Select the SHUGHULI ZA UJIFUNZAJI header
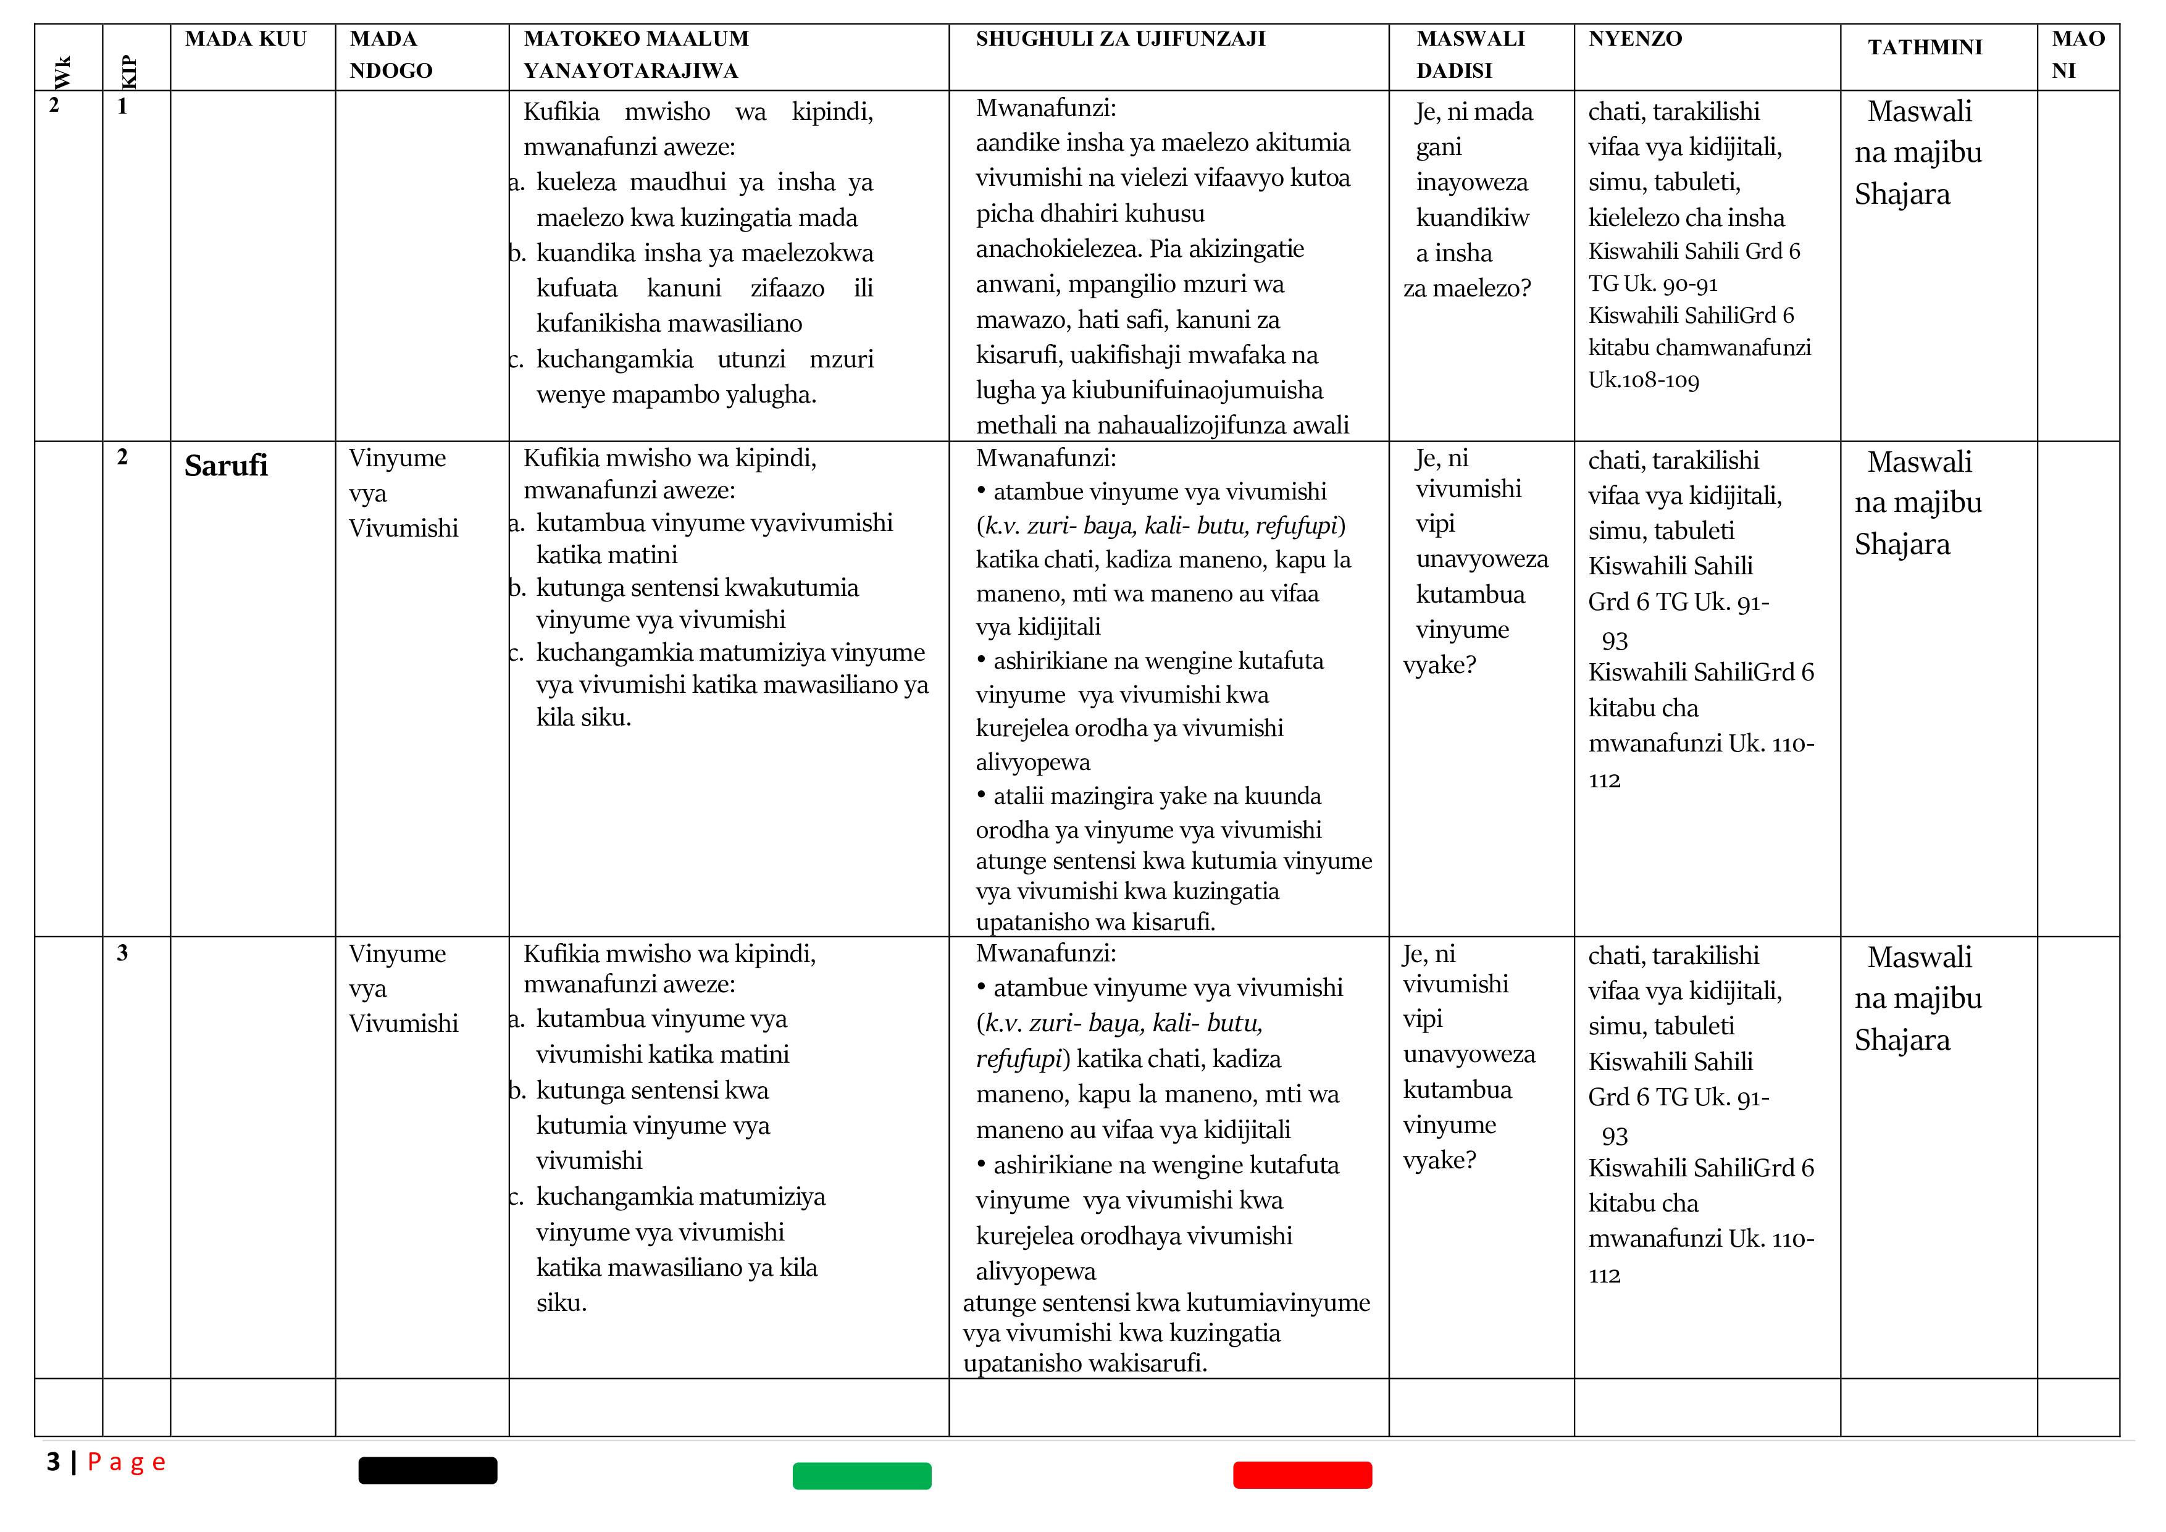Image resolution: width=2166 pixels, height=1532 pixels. coord(1120,40)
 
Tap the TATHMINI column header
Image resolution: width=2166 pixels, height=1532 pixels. coord(1925,47)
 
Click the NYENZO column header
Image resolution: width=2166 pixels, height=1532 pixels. coord(1635,40)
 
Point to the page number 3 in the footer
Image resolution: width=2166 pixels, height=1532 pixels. coord(53,1462)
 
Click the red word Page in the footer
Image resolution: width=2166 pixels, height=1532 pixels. coord(127,1463)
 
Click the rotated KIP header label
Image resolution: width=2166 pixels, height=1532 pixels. coord(128,71)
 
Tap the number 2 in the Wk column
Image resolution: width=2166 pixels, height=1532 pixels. coord(54,106)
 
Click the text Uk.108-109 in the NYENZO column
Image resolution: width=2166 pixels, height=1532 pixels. coord(1644,380)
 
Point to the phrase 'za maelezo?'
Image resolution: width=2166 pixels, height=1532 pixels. coord(1467,288)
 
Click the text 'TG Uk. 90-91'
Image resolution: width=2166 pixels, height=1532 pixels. coord(1653,284)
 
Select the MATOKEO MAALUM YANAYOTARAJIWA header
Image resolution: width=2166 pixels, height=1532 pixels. coord(636,55)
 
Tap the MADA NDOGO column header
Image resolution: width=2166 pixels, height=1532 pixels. coord(391,55)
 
